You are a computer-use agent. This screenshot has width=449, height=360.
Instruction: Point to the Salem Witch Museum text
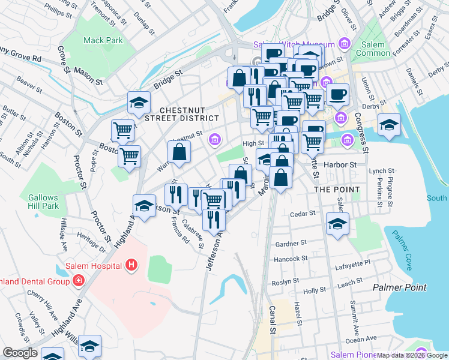click(294, 44)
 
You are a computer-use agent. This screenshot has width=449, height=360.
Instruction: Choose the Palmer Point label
click(399, 287)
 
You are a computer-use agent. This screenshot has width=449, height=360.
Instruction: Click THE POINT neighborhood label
click(337, 190)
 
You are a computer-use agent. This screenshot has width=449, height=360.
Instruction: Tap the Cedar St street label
click(302, 214)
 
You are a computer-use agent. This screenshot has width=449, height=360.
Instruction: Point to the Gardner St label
click(291, 244)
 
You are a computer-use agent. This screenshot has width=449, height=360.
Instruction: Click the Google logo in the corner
click(20, 353)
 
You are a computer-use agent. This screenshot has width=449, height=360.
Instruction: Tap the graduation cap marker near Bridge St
click(139, 103)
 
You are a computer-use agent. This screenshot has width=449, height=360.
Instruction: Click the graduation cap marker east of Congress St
click(390, 125)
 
